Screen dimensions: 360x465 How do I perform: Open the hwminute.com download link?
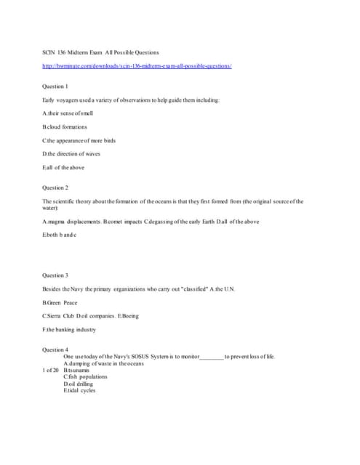(x=137, y=66)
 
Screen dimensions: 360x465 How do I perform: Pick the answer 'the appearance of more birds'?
(x=79, y=140)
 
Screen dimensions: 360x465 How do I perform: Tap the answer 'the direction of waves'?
(x=72, y=154)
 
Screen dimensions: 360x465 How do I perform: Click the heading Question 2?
(x=55, y=187)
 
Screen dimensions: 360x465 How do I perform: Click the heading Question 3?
(x=55, y=275)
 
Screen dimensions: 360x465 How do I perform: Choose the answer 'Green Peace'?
(x=60, y=302)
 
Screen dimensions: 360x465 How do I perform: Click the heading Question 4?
(x=55, y=350)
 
